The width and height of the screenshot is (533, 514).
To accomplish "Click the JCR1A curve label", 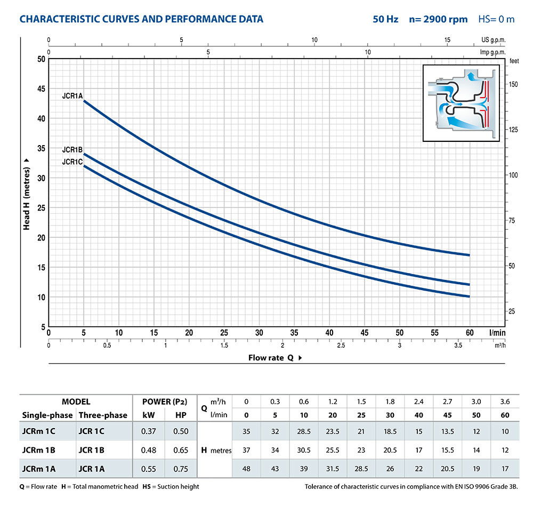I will (72, 97).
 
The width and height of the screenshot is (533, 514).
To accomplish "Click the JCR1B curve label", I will (72, 150).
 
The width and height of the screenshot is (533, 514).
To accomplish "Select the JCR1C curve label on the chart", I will (72, 162).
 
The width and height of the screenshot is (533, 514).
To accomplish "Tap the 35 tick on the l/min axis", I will (294, 332).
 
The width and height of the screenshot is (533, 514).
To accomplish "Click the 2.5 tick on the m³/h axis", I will (341, 346).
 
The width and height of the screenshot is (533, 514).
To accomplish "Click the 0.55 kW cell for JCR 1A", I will (149, 469).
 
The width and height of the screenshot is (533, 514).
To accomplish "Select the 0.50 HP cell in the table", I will (181, 431).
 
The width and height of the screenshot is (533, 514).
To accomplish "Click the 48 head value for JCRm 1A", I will (246, 469).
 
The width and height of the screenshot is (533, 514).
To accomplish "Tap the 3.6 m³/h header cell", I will (505, 401).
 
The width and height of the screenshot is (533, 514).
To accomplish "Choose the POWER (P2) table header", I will (165, 401).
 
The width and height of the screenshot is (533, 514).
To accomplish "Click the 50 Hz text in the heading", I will (385, 19).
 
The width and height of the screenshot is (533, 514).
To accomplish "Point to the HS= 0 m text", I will (496, 19).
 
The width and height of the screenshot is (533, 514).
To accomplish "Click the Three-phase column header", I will (103, 415).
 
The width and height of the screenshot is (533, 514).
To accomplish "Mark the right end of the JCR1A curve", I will (469, 255).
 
